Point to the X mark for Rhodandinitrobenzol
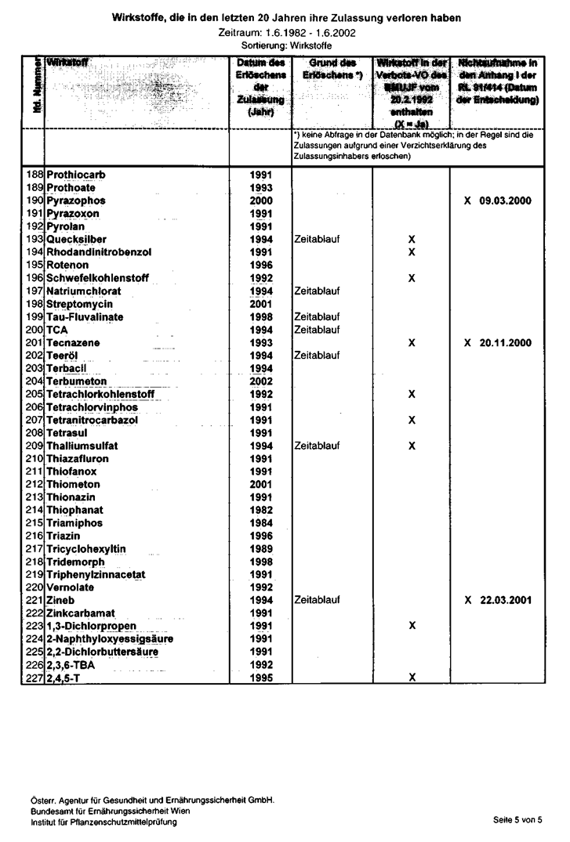tap(412, 251)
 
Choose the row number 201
tap(34, 342)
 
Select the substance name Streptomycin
tap(79, 303)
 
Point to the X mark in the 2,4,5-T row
tap(412, 678)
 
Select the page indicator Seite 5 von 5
tap(517, 819)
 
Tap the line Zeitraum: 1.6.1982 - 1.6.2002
tap(285, 34)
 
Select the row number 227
tap(34, 678)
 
